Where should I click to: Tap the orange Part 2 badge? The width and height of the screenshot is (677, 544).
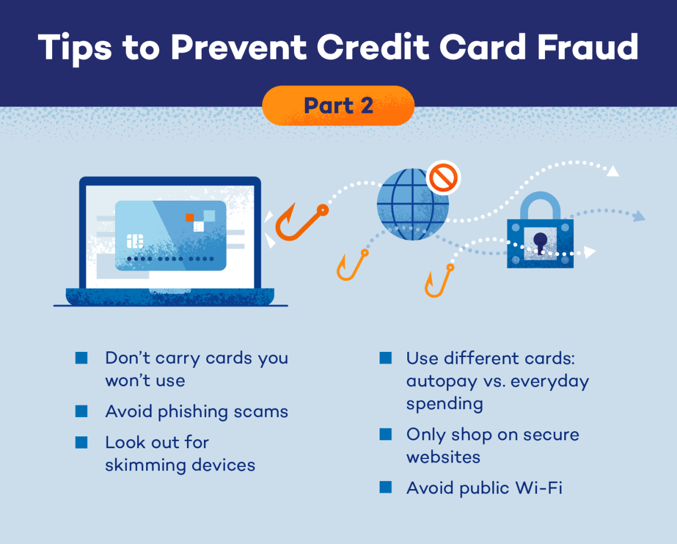pos(338,105)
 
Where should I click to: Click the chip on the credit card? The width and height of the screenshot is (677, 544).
pos(135,241)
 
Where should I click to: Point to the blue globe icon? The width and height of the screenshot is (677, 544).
pos(412,204)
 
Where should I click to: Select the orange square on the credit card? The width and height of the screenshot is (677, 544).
pos(190,218)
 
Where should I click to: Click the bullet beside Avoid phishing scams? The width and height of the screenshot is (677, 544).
pos(82,411)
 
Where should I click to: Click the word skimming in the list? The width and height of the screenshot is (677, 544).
pos(143,465)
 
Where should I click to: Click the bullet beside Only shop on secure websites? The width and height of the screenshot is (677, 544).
pos(386,434)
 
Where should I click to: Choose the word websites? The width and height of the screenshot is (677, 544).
pos(443,457)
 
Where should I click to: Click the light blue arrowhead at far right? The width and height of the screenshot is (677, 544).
pos(638,216)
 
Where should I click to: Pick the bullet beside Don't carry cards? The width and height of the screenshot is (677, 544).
pos(82,358)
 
